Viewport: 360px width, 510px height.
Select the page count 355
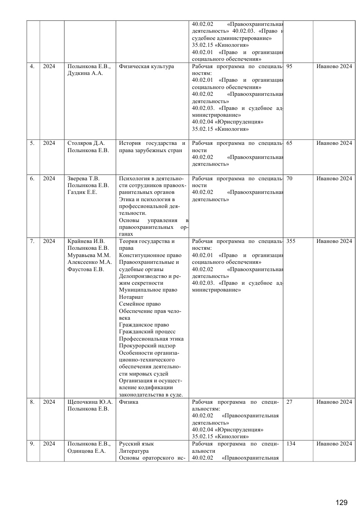[291, 241]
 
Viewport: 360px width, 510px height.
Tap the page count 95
[290, 66]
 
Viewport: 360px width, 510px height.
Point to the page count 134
[291, 444]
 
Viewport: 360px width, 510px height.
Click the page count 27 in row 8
[290, 402]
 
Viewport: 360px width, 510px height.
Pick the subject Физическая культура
[146, 66]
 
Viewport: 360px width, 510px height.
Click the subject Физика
[128, 402]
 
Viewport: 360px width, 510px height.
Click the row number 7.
[32, 241]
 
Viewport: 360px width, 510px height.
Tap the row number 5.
[32, 143]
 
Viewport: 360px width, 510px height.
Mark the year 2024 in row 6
[49, 178]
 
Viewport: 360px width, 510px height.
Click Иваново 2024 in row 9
[334, 444]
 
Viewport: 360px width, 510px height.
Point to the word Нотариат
[131, 297]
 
